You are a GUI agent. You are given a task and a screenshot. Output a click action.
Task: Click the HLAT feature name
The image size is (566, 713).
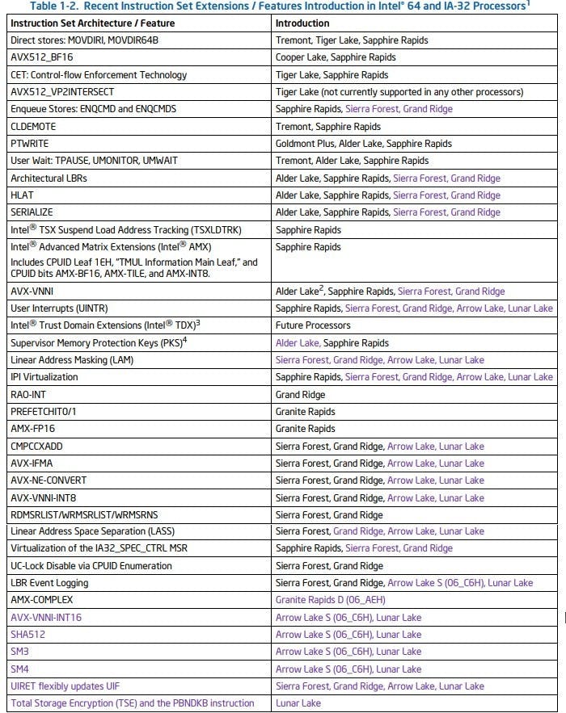(23, 195)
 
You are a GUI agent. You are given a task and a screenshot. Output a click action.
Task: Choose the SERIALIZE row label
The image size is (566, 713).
(33, 212)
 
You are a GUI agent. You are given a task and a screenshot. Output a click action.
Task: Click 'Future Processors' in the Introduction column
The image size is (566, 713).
(313, 325)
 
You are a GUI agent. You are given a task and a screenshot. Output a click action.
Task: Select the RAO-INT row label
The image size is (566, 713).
(29, 394)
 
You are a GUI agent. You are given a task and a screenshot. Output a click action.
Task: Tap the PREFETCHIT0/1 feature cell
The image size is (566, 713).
(45, 412)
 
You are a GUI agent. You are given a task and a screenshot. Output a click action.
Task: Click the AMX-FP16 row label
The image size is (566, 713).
(34, 429)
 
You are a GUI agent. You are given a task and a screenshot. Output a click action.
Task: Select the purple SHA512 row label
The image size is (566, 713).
(28, 634)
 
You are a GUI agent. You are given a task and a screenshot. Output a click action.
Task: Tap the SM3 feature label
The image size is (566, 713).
(20, 652)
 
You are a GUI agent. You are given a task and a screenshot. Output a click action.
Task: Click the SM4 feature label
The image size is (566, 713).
(20, 669)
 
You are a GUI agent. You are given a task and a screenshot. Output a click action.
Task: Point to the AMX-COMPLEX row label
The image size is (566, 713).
(41, 600)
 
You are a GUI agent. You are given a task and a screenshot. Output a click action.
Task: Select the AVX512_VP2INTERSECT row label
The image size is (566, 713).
(62, 91)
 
